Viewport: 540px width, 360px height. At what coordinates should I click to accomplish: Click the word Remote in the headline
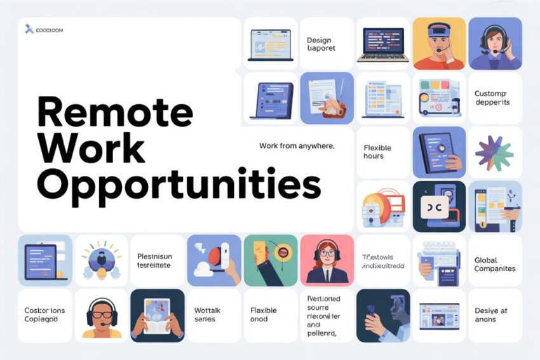114,112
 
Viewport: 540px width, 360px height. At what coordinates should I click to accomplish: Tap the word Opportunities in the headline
179,183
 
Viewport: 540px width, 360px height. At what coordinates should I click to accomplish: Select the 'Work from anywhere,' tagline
297,146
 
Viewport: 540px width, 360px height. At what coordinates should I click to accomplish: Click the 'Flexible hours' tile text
377,152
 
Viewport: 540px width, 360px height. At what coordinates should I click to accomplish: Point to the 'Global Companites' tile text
494,264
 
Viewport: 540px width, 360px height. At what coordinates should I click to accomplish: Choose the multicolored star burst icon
494,152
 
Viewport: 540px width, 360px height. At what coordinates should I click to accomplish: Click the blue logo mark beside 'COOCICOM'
29,29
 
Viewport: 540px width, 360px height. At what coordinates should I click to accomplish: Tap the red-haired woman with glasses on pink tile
327,260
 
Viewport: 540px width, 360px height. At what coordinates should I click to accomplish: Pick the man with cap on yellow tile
438,44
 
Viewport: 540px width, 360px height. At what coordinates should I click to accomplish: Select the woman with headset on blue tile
494,44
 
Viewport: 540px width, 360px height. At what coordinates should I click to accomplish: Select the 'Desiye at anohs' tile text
490,315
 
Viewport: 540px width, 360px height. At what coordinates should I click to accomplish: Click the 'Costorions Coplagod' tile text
44,315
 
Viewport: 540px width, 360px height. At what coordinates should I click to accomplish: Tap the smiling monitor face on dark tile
438,208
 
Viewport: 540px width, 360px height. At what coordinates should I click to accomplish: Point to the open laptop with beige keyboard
382,44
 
